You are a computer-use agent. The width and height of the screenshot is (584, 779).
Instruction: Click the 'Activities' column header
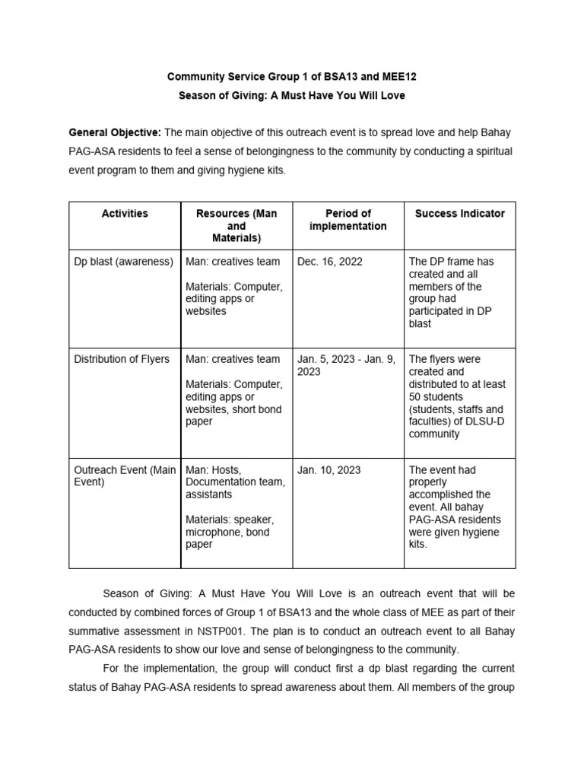coord(125,214)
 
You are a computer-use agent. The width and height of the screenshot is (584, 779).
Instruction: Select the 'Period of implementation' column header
coord(348,220)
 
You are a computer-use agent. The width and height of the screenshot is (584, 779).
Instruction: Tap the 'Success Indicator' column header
coord(459,214)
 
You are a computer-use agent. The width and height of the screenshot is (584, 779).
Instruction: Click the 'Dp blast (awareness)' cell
coord(124,262)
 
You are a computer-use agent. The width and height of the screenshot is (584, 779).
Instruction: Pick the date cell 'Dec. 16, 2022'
coord(330,262)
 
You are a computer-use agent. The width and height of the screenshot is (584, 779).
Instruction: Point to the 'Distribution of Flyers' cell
coord(122,359)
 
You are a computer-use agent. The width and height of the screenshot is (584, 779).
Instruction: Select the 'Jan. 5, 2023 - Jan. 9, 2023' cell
coord(346,365)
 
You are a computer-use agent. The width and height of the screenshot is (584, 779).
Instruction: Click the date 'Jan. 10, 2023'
coord(329,470)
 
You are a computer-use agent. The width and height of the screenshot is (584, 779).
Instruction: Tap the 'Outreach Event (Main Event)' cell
coord(125,476)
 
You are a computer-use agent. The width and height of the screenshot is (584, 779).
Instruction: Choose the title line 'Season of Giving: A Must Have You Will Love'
coord(291,96)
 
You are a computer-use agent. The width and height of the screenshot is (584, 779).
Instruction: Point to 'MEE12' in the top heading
coord(401,77)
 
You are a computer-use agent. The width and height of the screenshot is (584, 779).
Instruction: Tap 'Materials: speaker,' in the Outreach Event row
coord(230,520)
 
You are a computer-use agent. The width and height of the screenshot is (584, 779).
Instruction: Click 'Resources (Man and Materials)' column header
coord(236,226)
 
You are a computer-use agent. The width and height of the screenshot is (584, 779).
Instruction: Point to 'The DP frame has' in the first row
coord(451,262)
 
